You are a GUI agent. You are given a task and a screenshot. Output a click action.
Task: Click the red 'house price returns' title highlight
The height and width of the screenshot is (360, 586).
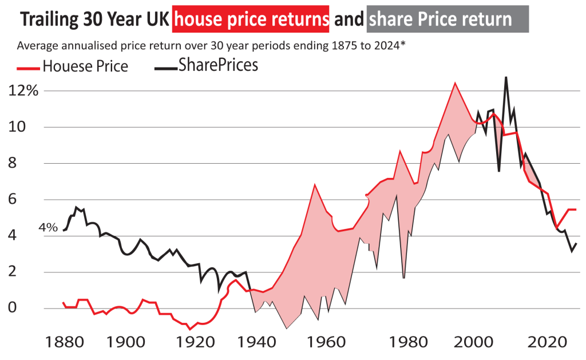(251, 20)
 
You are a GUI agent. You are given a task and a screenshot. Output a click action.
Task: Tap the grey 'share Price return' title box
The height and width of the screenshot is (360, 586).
(447, 20)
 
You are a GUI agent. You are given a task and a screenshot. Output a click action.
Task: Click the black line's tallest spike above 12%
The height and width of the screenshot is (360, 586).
(506, 77)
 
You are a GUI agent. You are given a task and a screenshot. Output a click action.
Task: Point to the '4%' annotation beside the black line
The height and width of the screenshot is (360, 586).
(48, 228)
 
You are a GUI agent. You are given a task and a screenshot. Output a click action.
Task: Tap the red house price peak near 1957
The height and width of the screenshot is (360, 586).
(314, 184)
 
